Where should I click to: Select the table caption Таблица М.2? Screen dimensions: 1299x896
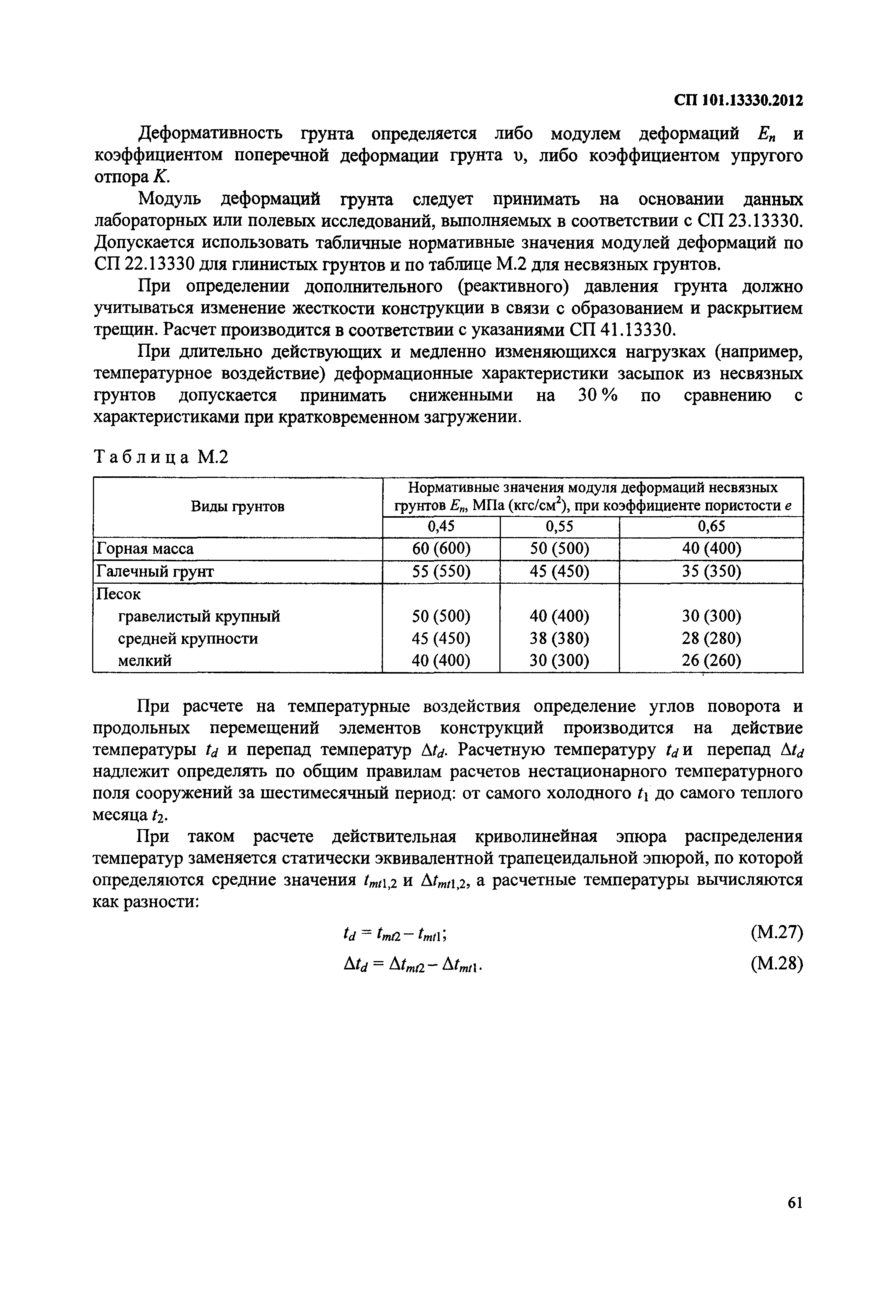161,457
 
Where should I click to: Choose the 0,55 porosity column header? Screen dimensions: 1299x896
559,526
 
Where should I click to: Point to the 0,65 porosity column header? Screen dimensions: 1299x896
711,526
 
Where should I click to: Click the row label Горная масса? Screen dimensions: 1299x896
145,548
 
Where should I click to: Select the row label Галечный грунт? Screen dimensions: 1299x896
155,572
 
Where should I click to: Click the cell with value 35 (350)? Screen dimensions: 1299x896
711,572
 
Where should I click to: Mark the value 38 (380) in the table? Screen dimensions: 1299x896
559,638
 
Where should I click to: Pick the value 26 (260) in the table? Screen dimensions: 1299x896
711,660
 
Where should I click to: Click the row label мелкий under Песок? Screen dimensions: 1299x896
144,660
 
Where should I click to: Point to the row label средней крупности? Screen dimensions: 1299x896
188,638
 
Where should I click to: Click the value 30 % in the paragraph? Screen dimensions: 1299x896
597,396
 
